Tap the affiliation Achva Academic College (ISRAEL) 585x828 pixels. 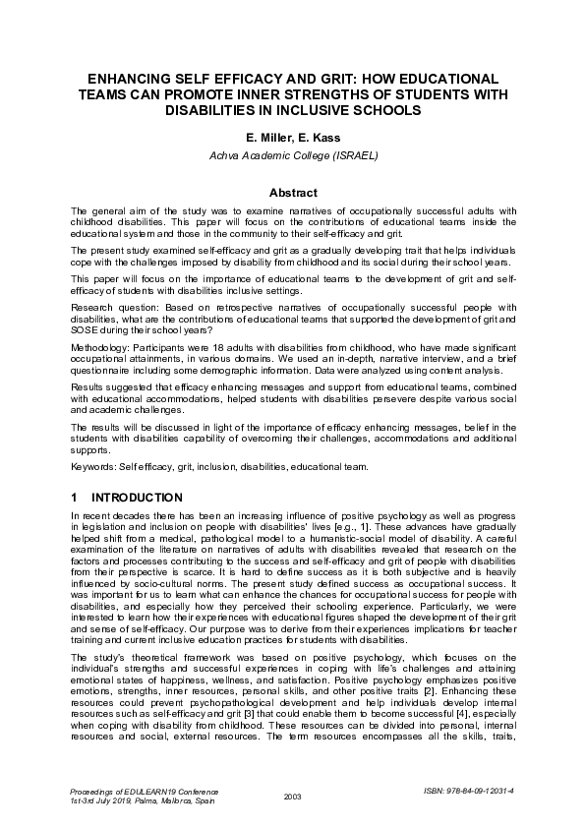pos(292,155)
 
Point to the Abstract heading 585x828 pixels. pos(292,193)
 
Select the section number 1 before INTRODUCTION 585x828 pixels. pos(75,498)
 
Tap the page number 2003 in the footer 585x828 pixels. pos(292,796)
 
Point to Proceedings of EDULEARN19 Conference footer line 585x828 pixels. pos(145,791)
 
